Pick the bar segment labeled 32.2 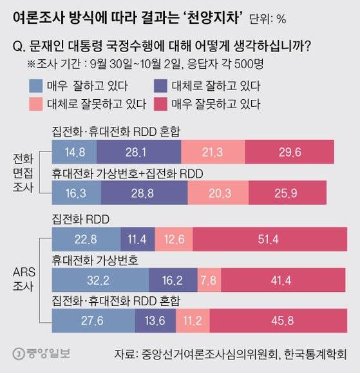coord(100,282)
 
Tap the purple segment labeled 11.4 coord(138,240)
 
